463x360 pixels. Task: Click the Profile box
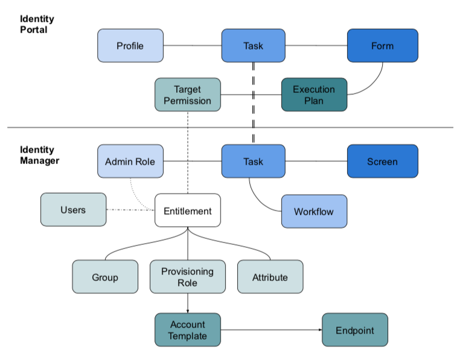(130, 46)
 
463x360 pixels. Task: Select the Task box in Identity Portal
(254, 46)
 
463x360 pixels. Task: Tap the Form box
(382, 46)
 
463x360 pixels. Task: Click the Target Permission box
(187, 95)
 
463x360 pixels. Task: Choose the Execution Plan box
(314, 95)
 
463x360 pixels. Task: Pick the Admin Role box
(130, 162)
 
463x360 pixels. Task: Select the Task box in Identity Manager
(254, 162)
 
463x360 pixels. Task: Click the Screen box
(382, 162)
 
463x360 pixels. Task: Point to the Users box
(73, 210)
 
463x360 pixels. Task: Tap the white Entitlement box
(187, 211)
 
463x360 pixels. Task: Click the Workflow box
(314, 212)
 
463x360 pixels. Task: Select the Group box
(105, 277)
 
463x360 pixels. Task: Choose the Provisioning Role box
(187, 277)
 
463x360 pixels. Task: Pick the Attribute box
(270, 277)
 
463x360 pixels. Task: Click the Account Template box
(188, 330)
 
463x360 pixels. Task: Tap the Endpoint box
(355, 330)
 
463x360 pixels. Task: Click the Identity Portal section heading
(37, 24)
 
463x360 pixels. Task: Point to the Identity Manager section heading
(40, 155)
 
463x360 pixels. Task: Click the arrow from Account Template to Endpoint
(272, 330)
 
